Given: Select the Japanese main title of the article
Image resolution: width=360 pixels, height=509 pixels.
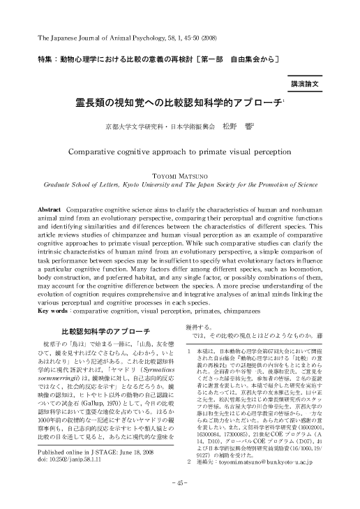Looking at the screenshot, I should coord(179,103).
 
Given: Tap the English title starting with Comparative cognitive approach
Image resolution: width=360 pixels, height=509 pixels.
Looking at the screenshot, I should coord(179,149).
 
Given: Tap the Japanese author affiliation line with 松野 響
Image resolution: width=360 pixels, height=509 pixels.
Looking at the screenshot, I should coord(179,127).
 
